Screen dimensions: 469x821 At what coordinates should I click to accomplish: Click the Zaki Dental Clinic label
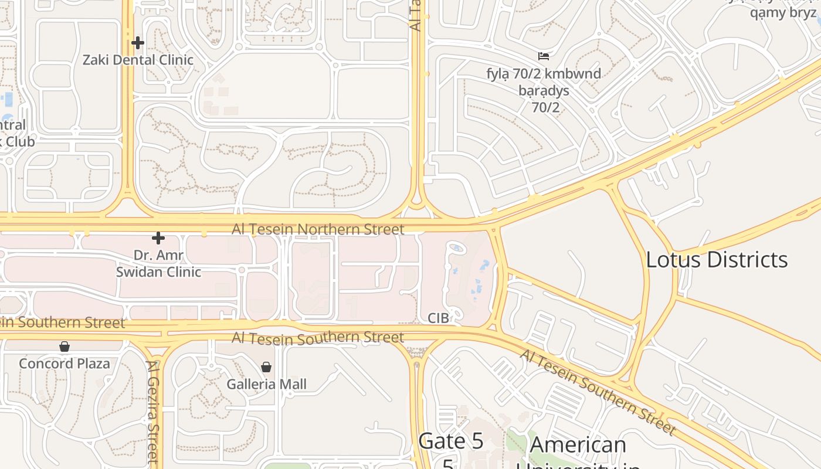pyautogui.click(x=138, y=60)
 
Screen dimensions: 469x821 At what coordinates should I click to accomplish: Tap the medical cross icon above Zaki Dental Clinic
pyautogui.click(x=138, y=43)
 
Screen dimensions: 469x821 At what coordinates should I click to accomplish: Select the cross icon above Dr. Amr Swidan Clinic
pyautogui.click(x=158, y=238)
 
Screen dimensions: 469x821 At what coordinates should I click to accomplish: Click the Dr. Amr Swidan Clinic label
pyautogui.click(x=158, y=264)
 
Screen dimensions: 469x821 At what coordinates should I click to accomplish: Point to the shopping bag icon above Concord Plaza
pyautogui.click(x=65, y=346)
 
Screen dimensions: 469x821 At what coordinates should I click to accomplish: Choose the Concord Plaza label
pyautogui.click(x=65, y=363)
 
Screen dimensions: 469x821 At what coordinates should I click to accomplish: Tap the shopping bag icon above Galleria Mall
pyautogui.click(x=266, y=367)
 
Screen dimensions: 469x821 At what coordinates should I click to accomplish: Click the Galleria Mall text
pyautogui.click(x=267, y=385)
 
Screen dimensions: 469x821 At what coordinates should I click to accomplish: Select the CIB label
pyautogui.click(x=438, y=318)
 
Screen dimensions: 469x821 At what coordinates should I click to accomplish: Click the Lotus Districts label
pyautogui.click(x=717, y=260)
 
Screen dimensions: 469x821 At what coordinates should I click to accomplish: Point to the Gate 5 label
pyautogui.click(x=451, y=441)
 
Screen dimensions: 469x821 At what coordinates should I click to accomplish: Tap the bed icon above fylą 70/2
pyautogui.click(x=544, y=56)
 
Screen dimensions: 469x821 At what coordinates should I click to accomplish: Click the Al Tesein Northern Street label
pyautogui.click(x=318, y=229)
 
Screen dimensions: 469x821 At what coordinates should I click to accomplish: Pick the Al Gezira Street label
pyautogui.click(x=154, y=410)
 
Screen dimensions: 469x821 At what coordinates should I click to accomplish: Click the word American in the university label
pyautogui.click(x=578, y=445)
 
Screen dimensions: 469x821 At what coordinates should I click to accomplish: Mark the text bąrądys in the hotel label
pyautogui.click(x=544, y=91)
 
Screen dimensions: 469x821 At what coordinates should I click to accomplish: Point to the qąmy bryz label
pyautogui.click(x=783, y=12)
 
